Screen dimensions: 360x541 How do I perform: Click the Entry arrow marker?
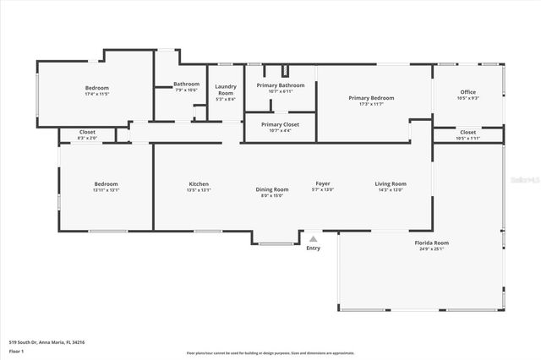click(314, 239)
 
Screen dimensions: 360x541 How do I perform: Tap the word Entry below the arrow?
click(314, 248)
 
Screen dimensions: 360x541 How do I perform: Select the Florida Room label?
click(431, 243)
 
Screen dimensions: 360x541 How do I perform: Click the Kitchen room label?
click(199, 184)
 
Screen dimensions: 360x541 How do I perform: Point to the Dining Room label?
click(272, 189)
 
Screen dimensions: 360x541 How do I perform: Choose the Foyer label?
click(323, 184)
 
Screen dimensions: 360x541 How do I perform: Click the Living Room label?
click(391, 184)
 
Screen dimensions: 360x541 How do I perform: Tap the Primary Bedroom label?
click(371, 98)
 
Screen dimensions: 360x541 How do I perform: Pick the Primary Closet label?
click(278, 125)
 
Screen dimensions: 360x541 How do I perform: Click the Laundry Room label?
click(226, 89)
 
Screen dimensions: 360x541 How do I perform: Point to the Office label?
click(468, 92)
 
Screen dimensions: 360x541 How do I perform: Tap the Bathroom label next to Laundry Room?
click(187, 84)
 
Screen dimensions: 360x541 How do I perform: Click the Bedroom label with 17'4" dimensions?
click(96, 88)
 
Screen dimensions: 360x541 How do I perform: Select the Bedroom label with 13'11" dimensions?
click(106, 184)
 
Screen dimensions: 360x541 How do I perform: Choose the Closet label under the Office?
click(468, 133)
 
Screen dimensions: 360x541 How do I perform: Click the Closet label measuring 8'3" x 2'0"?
click(87, 133)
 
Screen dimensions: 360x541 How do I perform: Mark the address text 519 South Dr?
click(46, 342)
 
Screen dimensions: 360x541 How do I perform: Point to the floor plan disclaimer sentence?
click(270, 353)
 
